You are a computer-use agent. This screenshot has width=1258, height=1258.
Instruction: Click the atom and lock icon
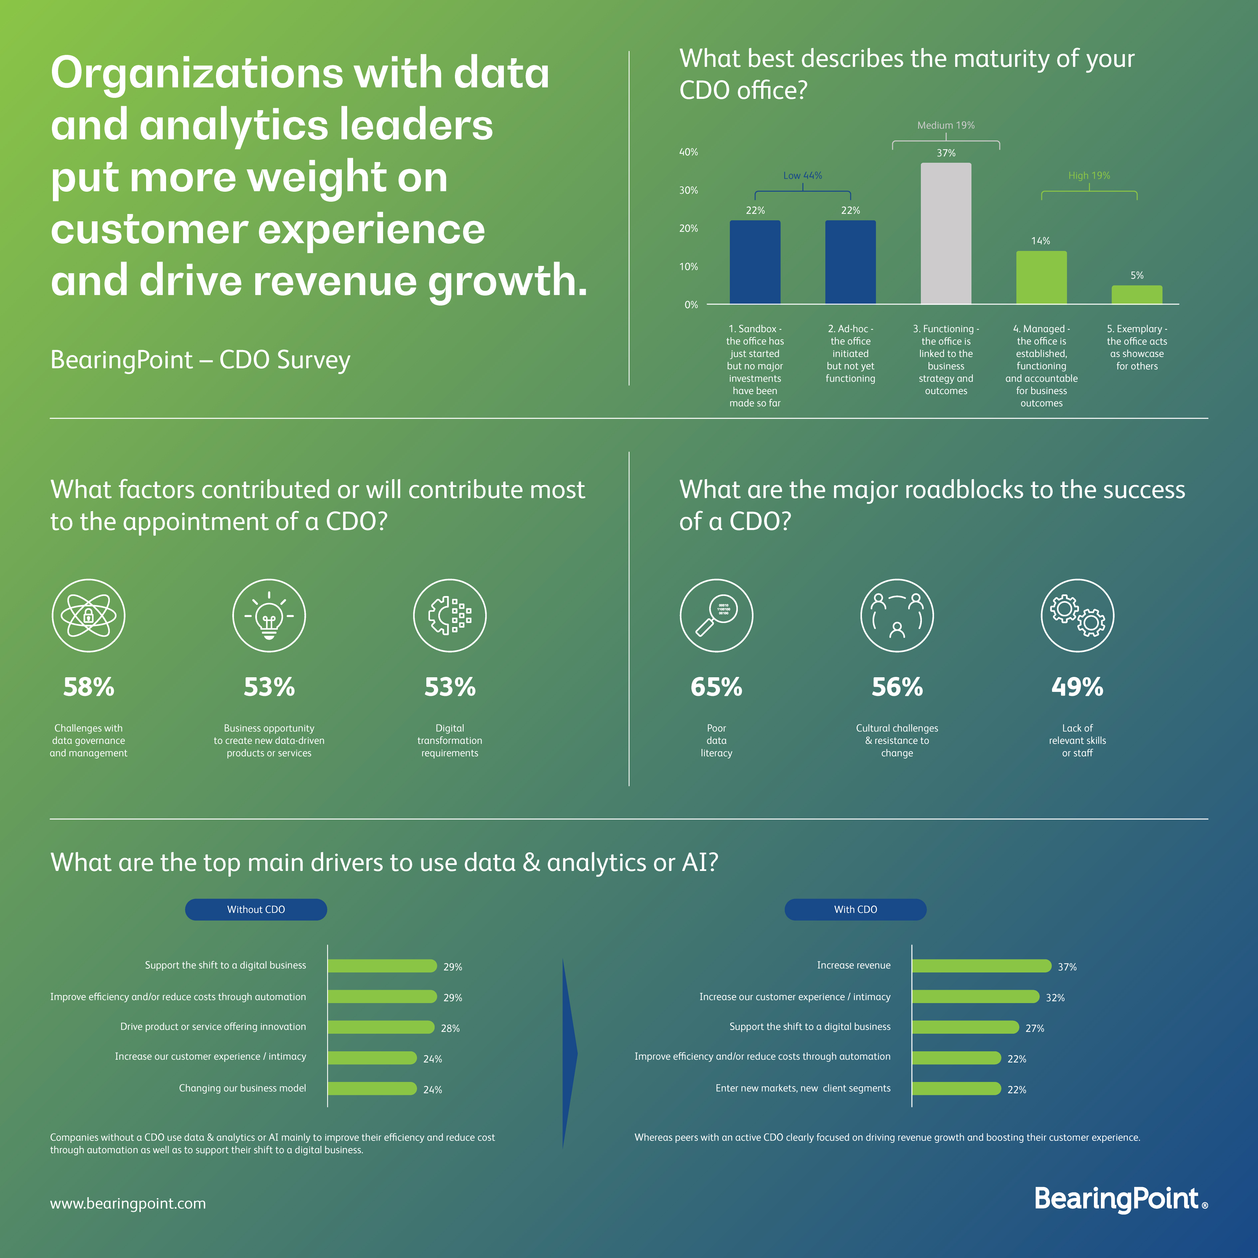(89, 615)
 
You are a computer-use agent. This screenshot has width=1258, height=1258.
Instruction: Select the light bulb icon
(269, 615)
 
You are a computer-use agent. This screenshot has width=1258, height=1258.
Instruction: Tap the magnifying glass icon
(716, 615)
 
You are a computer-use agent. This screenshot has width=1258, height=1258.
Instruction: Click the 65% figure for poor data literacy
(716, 687)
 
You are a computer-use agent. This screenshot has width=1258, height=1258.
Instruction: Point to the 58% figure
(89, 687)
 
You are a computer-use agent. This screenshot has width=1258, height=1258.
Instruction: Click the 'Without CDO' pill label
(256, 910)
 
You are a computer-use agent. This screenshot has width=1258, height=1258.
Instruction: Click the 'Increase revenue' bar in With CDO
(981, 966)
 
